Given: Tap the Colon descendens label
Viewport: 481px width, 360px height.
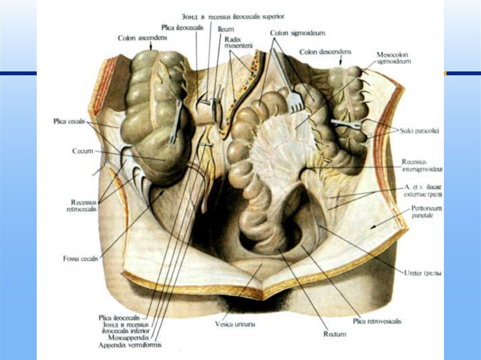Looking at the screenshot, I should coord(325,52).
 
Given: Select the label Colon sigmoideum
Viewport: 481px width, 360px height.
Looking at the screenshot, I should coord(297,33).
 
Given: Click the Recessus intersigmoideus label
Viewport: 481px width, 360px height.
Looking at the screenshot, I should coord(422,165).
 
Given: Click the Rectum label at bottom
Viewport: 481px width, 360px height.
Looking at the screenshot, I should coord(334,334).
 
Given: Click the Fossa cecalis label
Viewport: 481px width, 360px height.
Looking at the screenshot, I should coord(80,258).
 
